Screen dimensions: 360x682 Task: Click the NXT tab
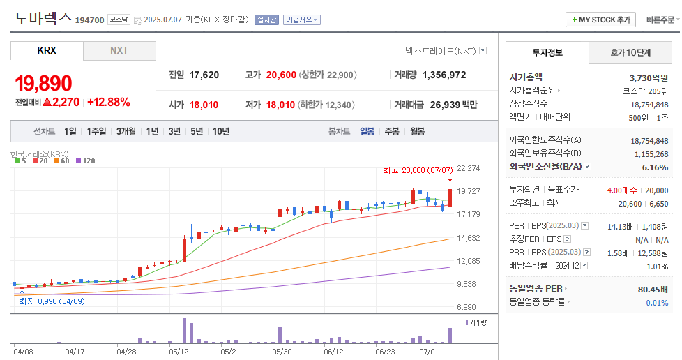coord(119,51)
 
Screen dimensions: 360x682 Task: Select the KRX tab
coord(47,51)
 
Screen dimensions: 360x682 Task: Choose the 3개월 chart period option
coord(126,131)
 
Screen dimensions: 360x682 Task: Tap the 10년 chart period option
coord(221,131)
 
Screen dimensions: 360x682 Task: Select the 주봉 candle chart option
coord(392,131)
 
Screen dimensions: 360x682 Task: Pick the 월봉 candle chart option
coord(417,131)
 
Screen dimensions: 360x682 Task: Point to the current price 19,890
coord(43,84)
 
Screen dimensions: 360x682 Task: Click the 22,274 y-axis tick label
coord(469,168)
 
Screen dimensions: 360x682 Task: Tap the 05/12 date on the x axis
coord(179,352)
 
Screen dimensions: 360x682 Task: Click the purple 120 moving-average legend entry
coord(85,161)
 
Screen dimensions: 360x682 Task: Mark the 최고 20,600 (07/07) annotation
coord(418,170)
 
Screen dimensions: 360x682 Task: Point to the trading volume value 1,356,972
coord(444,75)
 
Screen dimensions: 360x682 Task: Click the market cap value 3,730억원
coord(649,77)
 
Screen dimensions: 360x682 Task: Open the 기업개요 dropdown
coord(302,20)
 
